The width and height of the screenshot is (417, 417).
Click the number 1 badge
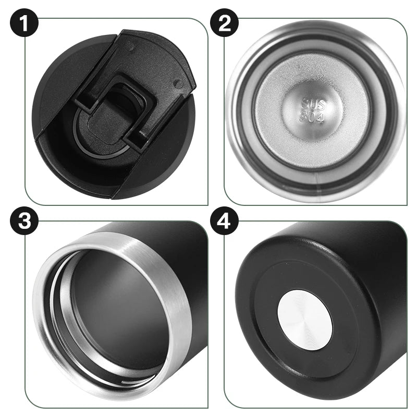click(24, 23)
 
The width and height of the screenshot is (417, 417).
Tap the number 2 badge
click(224, 23)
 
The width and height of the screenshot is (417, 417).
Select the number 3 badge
click(24, 220)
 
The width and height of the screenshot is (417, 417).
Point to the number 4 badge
click(224, 220)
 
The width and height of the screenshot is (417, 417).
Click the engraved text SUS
click(313, 105)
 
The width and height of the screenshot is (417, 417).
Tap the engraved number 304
click(312, 117)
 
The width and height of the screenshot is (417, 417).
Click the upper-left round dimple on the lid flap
click(129, 48)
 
